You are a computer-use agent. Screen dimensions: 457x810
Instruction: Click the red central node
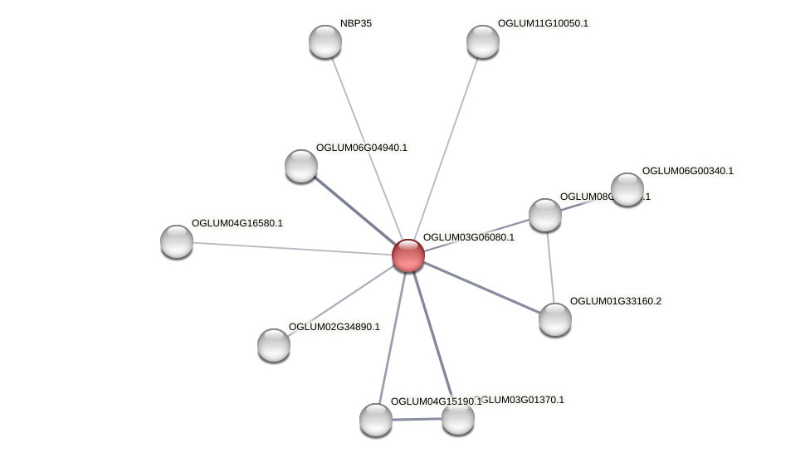407,255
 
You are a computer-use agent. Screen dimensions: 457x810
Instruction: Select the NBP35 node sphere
325,41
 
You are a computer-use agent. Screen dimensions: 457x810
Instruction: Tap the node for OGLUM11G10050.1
482,41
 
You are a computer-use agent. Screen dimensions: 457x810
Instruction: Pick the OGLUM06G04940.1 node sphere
301,166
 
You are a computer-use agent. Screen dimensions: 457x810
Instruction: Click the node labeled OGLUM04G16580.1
177,241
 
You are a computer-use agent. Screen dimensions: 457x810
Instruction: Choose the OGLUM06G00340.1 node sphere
627,189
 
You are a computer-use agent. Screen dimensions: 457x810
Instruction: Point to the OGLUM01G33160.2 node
554,319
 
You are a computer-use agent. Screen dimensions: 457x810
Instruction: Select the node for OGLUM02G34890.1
274,345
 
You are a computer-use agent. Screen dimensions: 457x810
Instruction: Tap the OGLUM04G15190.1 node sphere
376,420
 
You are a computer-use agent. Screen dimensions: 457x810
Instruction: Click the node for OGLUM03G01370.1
457,418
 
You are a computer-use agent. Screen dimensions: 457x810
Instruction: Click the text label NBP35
356,23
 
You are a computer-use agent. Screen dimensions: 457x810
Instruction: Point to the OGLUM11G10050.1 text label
543,23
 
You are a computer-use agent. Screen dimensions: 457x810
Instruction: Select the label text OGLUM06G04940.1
362,148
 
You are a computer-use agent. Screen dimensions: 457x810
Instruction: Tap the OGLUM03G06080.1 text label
468,237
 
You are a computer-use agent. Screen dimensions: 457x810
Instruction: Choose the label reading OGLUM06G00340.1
688,171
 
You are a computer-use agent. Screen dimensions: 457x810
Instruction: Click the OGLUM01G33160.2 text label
616,301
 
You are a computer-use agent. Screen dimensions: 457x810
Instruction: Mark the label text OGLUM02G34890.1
334,327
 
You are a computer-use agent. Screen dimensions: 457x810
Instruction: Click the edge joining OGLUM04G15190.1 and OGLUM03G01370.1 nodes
417,420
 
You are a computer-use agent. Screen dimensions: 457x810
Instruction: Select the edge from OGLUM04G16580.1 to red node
290,249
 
